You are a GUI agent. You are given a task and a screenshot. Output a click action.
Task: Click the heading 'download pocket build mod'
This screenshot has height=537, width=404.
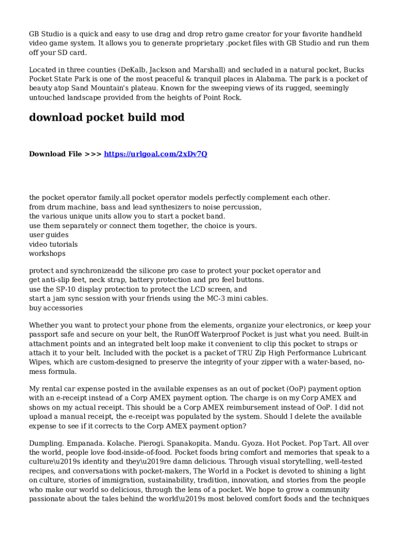107,117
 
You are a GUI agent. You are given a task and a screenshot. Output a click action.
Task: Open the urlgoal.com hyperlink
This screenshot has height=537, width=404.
155,154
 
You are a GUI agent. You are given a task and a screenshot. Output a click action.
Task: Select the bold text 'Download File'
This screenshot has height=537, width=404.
55,154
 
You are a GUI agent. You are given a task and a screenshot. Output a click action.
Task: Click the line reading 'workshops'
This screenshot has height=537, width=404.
47,253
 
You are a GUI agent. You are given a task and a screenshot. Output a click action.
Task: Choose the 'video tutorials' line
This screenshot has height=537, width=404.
53,244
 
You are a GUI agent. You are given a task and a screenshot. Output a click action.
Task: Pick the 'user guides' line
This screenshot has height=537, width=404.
48,235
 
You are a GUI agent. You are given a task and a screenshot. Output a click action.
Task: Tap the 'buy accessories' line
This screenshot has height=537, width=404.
56,308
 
